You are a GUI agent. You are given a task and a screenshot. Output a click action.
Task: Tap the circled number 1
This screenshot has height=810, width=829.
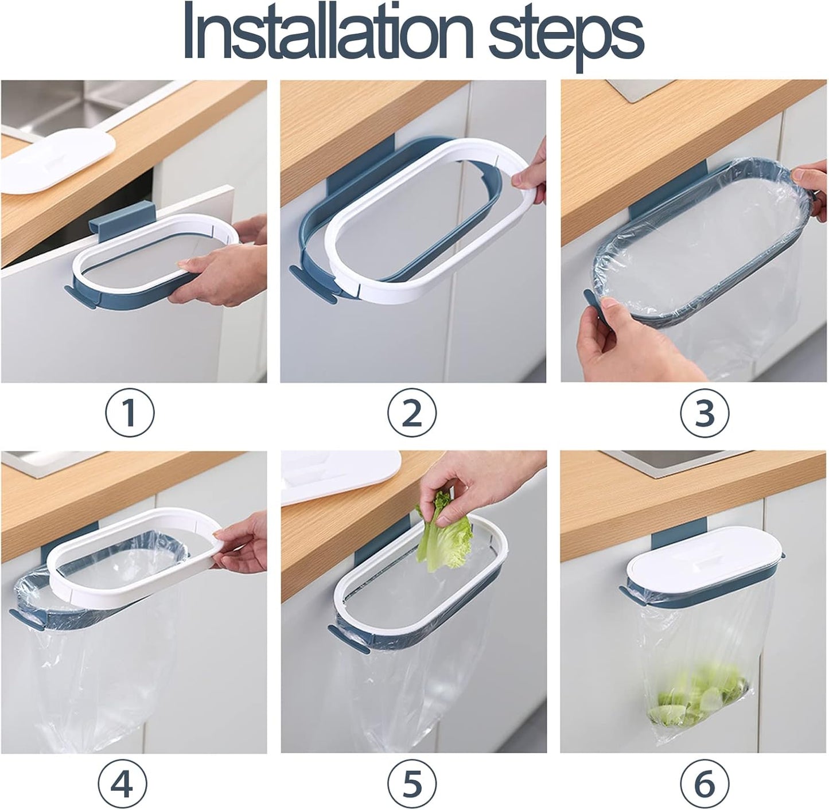pos(130,412)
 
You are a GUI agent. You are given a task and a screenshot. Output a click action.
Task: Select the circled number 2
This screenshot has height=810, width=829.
pos(412,412)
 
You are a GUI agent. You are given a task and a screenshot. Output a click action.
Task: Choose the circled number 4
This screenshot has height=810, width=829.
pos(122,782)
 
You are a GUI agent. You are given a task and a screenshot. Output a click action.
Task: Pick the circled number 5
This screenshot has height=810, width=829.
pos(412,782)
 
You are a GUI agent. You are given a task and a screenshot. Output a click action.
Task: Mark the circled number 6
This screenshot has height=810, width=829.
pos(705,782)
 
